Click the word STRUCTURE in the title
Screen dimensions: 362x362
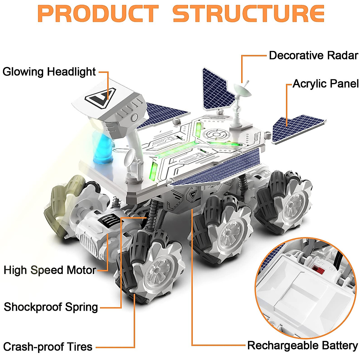(x=248, y=14)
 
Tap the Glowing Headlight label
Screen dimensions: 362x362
(x=49, y=72)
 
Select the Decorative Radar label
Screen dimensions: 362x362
(x=313, y=56)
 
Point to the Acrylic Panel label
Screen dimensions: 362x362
(x=325, y=84)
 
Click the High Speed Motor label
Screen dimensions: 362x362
(x=50, y=270)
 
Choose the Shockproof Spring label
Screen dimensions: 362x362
(x=51, y=307)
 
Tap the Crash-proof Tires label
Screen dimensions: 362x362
(x=48, y=347)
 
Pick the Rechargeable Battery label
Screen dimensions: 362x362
(x=302, y=345)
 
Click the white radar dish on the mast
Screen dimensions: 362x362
(x=243, y=90)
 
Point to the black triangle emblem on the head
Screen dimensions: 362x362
(x=97, y=98)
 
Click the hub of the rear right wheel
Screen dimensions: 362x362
(x=292, y=205)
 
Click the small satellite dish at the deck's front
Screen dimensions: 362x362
(x=130, y=157)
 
